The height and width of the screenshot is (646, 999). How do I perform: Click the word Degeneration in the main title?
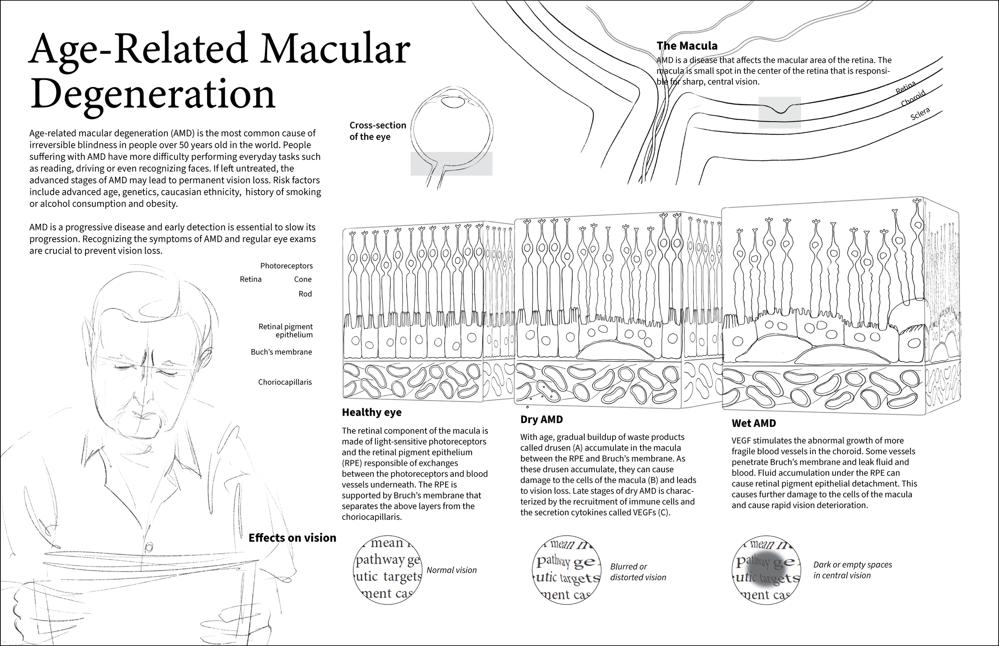(x=153, y=94)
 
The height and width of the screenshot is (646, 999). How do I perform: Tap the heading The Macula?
(x=687, y=46)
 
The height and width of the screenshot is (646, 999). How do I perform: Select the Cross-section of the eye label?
(x=377, y=131)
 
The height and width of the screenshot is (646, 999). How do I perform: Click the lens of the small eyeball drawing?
(x=454, y=101)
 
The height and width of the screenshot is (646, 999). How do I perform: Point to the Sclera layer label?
(x=920, y=114)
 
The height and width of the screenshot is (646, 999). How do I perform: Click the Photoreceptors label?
(x=286, y=266)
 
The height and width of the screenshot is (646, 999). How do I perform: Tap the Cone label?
(x=302, y=279)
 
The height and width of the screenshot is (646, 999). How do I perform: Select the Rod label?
(x=305, y=294)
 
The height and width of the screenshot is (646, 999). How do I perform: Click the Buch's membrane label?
(x=281, y=352)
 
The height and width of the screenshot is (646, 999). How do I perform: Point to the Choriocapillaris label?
(x=285, y=382)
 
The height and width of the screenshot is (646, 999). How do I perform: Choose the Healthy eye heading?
(x=371, y=412)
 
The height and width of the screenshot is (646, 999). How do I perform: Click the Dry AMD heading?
(x=541, y=419)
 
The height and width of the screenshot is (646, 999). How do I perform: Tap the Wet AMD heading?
(x=754, y=423)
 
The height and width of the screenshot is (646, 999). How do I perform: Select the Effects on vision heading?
(x=292, y=538)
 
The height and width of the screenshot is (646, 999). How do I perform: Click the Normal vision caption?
(x=452, y=570)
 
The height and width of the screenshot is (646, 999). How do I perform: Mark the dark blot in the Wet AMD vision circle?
(x=764, y=570)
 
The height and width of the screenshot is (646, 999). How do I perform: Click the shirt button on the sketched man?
(x=148, y=547)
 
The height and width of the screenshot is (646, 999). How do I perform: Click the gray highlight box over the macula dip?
(x=780, y=112)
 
